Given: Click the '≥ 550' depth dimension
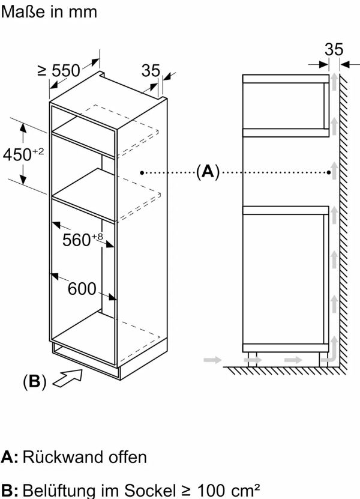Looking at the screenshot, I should pos(59,71).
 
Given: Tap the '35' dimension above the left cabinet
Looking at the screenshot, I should pos(151,71).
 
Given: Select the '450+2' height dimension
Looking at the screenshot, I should pos(23,154).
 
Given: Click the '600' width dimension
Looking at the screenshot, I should pos(82,289).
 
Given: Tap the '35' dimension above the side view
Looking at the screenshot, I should pos(334,49).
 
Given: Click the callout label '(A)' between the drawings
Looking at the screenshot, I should pos(207,172).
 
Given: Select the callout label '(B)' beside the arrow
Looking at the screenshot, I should pos(34,381).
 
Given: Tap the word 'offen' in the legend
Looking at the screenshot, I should pos(127,457).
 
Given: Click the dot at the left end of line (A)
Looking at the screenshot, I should pos(142,172).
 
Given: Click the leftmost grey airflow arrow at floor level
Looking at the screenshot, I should pos(211,360).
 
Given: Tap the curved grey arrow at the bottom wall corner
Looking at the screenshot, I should pos(328,358).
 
